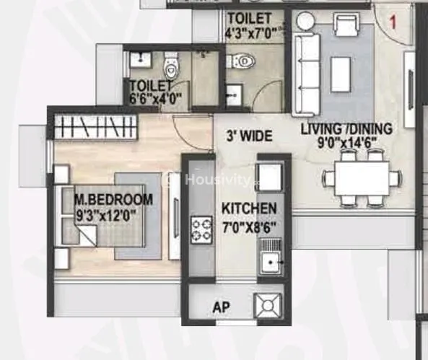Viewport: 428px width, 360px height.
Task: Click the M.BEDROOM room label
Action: [x=113, y=200]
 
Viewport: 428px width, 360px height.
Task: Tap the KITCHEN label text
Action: [x=249, y=208]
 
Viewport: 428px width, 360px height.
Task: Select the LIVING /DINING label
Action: [x=346, y=129]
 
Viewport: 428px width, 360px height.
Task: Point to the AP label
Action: [x=221, y=307]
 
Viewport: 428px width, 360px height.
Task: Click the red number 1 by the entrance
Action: [x=393, y=22]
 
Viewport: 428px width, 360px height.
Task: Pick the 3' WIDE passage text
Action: [x=250, y=136]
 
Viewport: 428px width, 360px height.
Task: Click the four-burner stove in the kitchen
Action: [x=201, y=229]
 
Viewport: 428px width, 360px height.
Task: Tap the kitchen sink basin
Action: [x=271, y=263]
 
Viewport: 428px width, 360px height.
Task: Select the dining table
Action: [x=362, y=178]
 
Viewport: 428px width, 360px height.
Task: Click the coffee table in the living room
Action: [x=341, y=74]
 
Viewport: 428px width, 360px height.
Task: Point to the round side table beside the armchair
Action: [x=306, y=21]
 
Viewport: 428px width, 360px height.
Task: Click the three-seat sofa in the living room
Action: [x=307, y=74]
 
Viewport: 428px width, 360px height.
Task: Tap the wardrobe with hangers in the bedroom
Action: [x=95, y=127]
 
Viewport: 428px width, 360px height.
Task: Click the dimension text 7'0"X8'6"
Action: [x=249, y=227]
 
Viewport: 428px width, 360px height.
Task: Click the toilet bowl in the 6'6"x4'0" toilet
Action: [x=170, y=66]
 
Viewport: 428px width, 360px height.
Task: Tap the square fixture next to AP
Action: [x=268, y=305]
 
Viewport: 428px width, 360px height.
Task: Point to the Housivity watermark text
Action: [x=217, y=180]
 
